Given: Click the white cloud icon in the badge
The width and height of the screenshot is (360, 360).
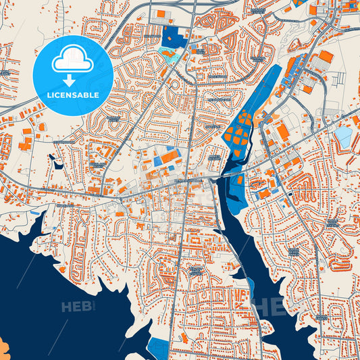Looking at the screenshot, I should (72, 59).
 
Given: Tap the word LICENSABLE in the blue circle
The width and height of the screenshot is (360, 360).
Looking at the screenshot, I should (72, 95).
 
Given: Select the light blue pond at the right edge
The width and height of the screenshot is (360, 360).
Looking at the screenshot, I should (343, 137).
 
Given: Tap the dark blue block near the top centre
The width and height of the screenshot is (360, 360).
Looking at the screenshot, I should (175, 38).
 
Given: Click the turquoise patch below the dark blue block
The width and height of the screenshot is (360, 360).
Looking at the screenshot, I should (168, 56).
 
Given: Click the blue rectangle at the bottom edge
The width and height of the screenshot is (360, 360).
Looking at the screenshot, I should (158, 348).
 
